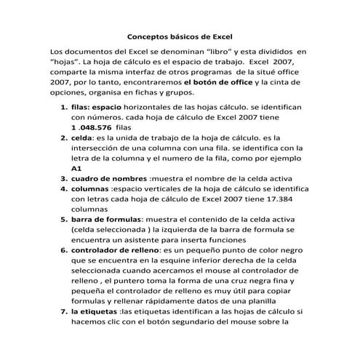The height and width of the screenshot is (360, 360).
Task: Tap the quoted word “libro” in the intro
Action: click(218, 52)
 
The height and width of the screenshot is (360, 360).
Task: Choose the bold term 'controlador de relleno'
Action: click(117, 249)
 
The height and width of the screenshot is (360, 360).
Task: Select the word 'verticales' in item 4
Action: click(164, 188)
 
